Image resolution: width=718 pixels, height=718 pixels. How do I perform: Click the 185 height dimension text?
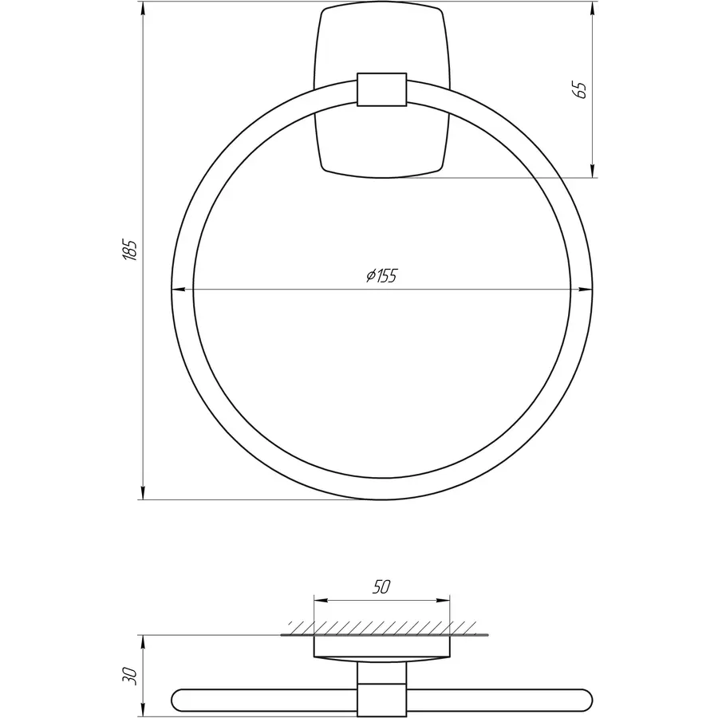point(132,251)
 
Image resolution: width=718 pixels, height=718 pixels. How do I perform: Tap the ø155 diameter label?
point(381,276)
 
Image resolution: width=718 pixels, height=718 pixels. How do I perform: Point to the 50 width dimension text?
point(381,587)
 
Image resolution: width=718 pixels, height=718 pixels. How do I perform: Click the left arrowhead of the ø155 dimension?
point(179,290)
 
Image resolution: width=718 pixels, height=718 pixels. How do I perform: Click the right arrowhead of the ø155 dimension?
point(586,290)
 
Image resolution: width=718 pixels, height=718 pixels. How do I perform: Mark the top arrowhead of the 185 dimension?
point(143,10)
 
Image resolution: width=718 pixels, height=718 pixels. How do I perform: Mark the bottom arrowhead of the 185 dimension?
point(143,493)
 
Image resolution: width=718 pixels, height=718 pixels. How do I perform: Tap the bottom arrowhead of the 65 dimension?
point(592,171)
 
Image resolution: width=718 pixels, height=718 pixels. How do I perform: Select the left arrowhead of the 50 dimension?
point(321,599)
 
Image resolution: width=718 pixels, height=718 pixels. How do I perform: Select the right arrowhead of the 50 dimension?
point(443,599)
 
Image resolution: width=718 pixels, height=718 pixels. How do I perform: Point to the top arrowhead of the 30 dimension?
point(143,641)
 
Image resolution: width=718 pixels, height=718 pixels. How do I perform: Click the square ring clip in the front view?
point(381,89)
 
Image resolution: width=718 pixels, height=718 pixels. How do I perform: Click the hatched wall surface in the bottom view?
point(381,627)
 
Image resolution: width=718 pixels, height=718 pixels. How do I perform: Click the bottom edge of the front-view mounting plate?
point(381,176)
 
